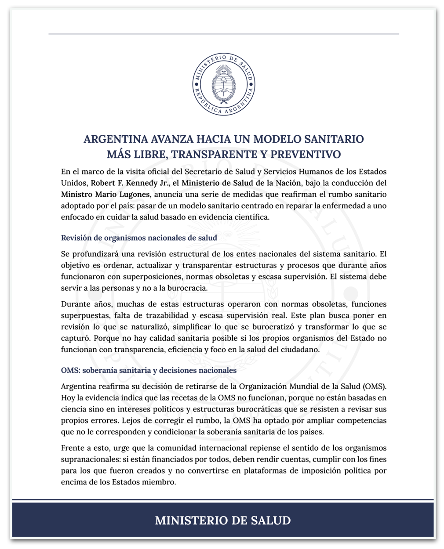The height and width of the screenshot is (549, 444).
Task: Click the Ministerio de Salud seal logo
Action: (223, 85)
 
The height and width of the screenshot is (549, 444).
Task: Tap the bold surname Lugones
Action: (134, 194)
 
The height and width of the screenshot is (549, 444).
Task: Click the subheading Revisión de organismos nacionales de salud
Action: (139, 238)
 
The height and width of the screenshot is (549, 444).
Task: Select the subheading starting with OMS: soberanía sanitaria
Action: (149, 370)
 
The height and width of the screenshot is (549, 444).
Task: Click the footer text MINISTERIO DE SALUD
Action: (223, 520)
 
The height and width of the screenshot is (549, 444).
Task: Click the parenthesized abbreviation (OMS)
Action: (375, 386)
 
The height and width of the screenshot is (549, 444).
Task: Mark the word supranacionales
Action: (91, 459)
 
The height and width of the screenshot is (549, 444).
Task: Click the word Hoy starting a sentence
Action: (68, 398)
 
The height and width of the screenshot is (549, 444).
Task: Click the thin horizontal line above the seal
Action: (223, 34)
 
